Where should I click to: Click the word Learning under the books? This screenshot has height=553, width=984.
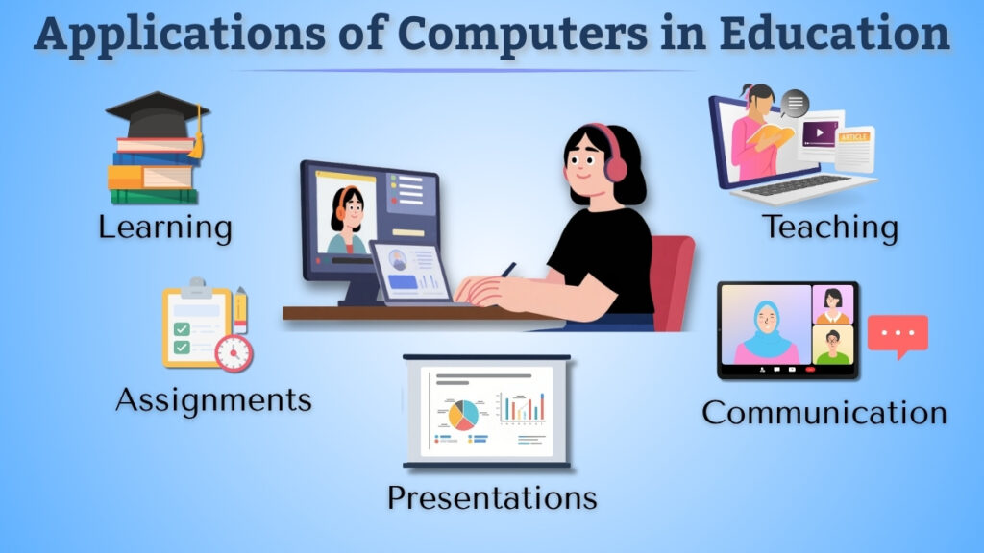(x=165, y=228)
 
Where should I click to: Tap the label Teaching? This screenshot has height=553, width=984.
(x=830, y=228)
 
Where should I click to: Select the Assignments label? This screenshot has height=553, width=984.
(x=213, y=399)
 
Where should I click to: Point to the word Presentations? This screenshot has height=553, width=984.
(x=492, y=498)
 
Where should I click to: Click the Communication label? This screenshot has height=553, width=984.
(x=824, y=413)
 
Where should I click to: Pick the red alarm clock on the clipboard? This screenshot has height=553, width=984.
(x=234, y=352)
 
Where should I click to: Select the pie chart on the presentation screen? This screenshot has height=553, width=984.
(x=463, y=414)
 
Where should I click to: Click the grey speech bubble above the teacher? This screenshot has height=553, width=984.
(x=795, y=102)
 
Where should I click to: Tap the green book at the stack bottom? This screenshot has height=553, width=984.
(x=154, y=197)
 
